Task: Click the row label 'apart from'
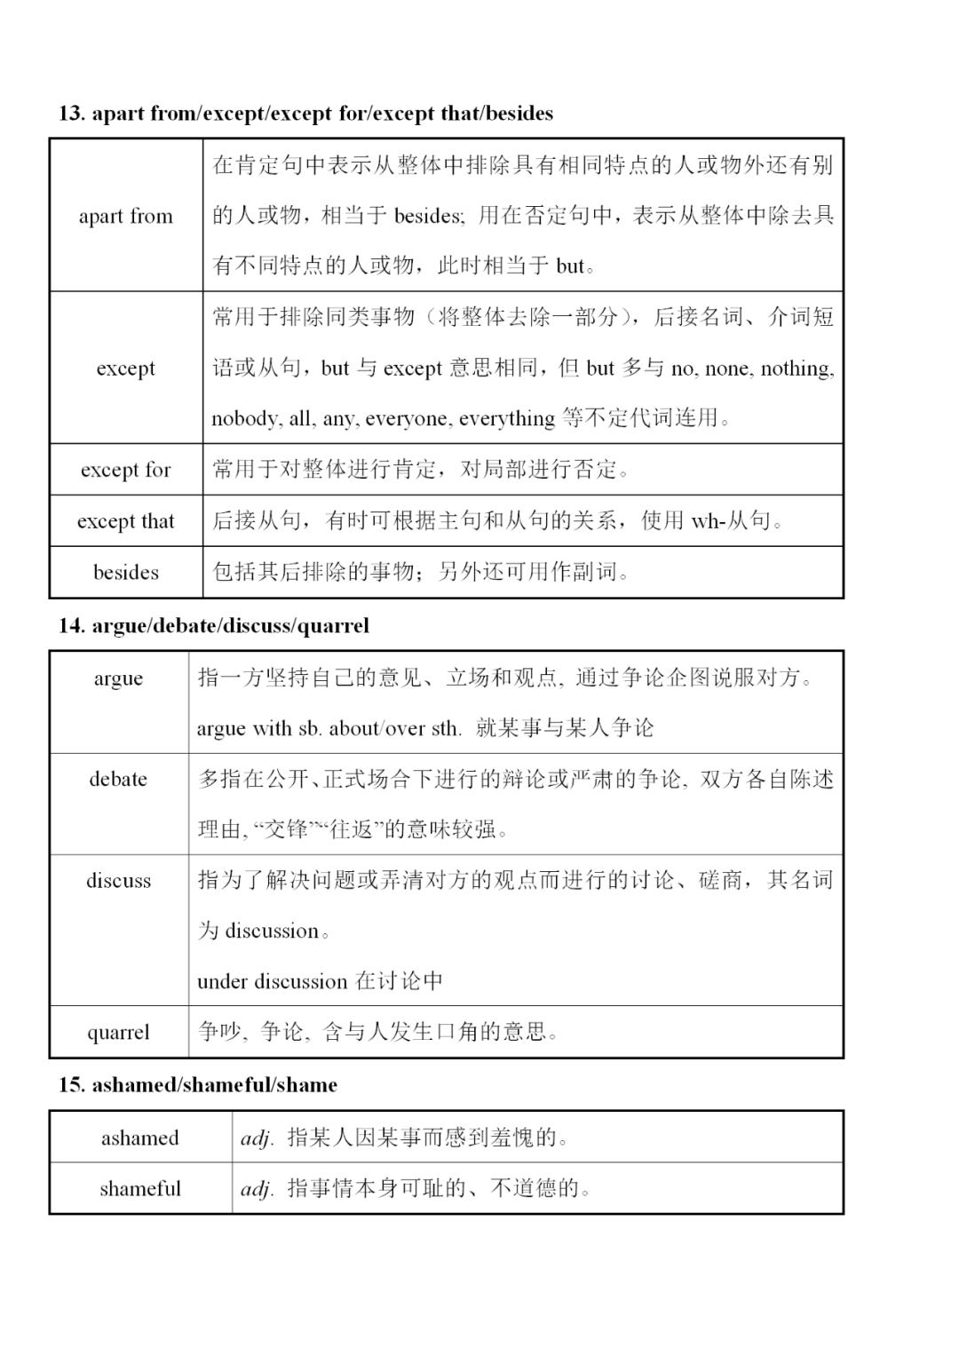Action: pyautogui.click(x=125, y=216)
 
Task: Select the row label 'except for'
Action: pyautogui.click(x=125, y=470)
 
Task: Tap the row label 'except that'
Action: pyautogui.click(x=125, y=521)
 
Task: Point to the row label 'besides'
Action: pyautogui.click(x=125, y=572)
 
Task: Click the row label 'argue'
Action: pyautogui.click(x=118, y=678)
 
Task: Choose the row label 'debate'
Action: pyautogui.click(x=118, y=779)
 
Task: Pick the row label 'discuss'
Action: pyautogui.click(x=118, y=880)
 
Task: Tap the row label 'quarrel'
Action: pyautogui.click(x=118, y=1032)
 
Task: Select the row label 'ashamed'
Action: pyautogui.click(x=139, y=1138)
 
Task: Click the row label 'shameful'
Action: pyautogui.click(x=139, y=1188)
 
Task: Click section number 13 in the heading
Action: pyautogui.click(x=70, y=114)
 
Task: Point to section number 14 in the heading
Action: pyautogui.click(x=70, y=626)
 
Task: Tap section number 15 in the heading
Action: pyautogui.click(x=70, y=1085)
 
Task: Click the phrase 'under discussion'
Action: pyautogui.click(x=272, y=981)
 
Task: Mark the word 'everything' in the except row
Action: pyautogui.click(x=507, y=418)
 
